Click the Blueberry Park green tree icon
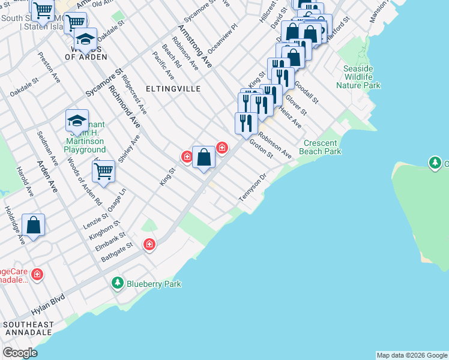(118, 283)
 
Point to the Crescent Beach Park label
(322, 147)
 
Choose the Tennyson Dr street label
(252, 188)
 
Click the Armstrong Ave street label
(194, 46)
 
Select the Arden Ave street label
(47, 175)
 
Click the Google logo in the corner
(20, 352)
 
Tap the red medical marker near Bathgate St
(149, 244)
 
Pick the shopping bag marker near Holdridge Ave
(34, 225)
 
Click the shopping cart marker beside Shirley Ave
(103, 170)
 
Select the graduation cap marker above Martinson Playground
(77, 121)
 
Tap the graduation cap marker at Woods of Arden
(85, 40)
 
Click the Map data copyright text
(412, 355)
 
